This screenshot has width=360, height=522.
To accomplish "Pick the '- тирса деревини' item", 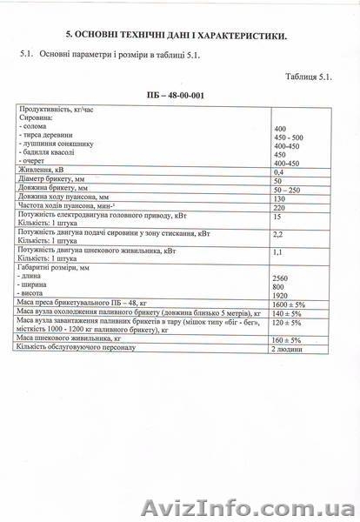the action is click(50, 137).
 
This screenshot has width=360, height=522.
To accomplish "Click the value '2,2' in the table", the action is click(279, 234).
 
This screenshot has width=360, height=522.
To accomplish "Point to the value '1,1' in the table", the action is click(279, 252).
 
